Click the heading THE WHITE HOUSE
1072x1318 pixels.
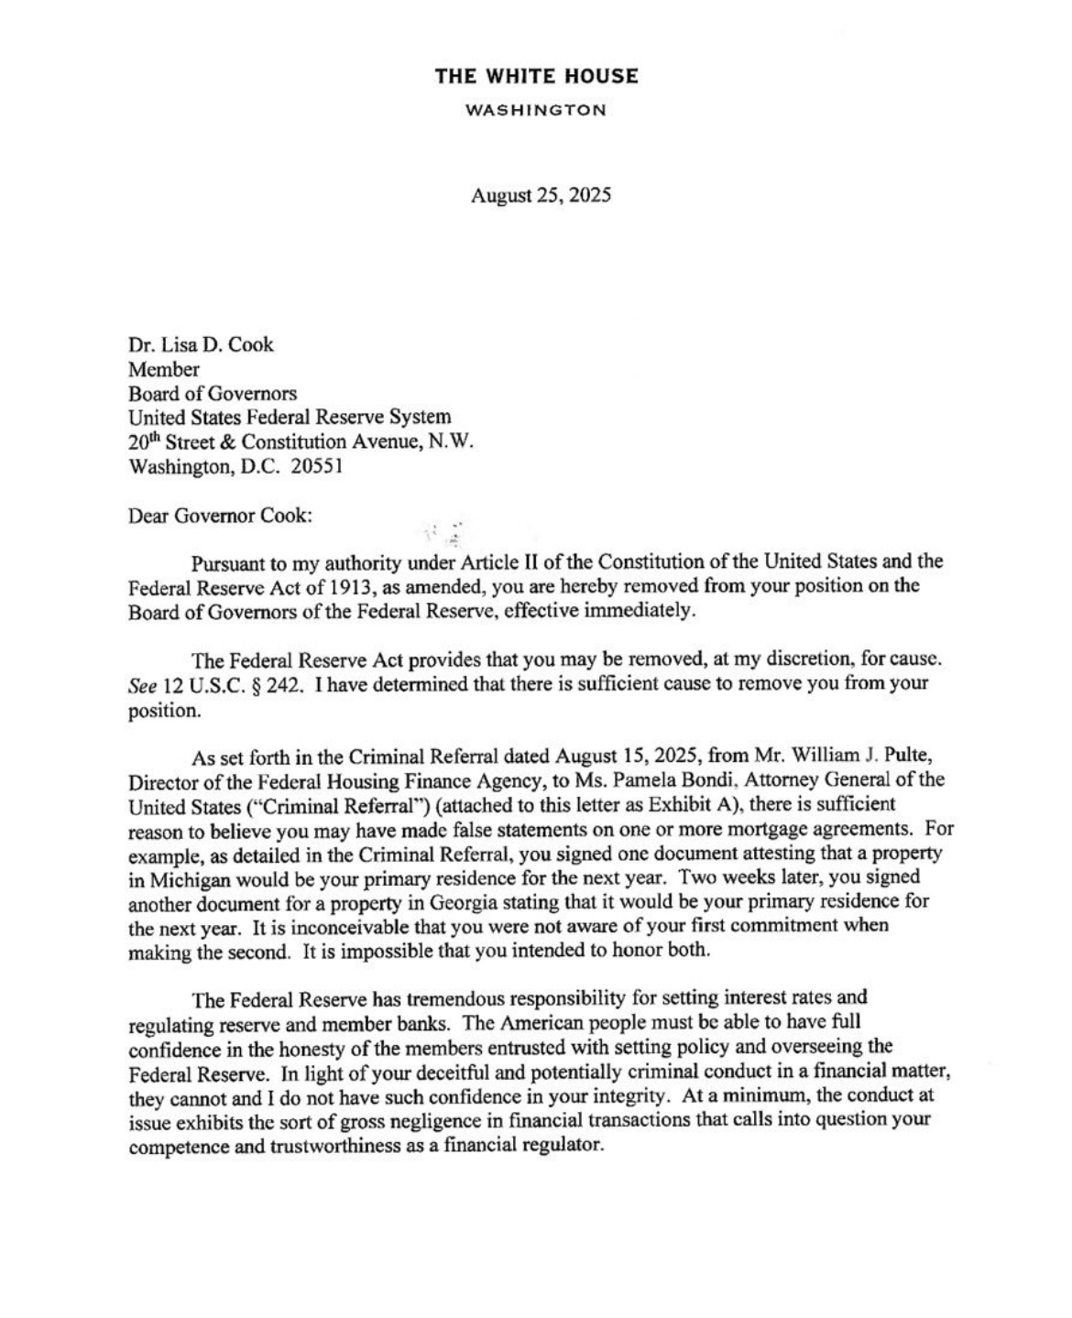click(x=536, y=76)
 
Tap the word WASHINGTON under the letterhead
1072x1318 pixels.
click(x=536, y=111)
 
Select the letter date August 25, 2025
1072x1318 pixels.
click(x=540, y=195)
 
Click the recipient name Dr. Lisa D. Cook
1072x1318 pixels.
click(x=201, y=345)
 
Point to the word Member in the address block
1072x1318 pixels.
click(x=164, y=369)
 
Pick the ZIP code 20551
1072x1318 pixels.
click(x=316, y=466)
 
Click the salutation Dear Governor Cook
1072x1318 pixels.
click(x=220, y=515)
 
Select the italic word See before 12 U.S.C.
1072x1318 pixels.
click(x=143, y=683)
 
